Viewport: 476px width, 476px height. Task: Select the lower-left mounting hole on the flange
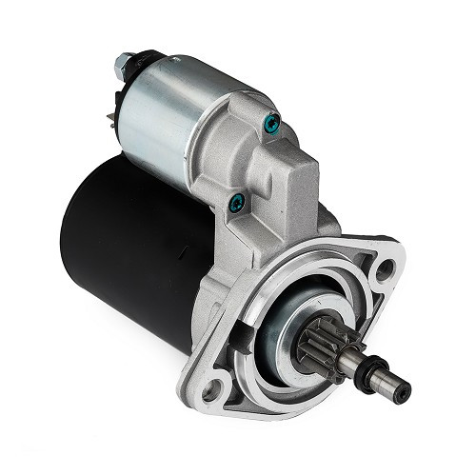[218, 387]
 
